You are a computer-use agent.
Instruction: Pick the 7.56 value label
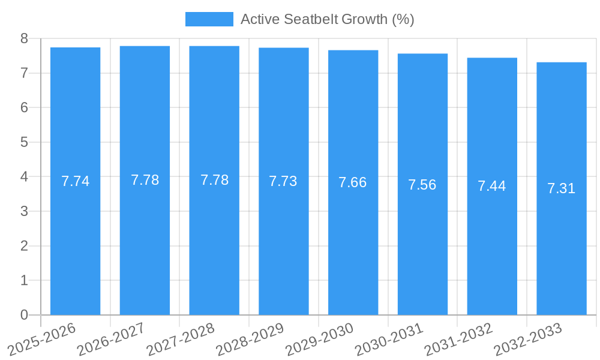pyautogui.click(x=422, y=185)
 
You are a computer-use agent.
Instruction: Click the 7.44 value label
pyautogui.click(x=492, y=186)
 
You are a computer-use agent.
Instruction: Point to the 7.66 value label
pyautogui.click(x=353, y=182)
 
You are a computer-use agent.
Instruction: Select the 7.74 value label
pyautogui.click(x=75, y=181)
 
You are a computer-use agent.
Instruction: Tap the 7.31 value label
pyautogui.click(x=562, y=188)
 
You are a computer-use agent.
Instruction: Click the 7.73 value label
pyautogui.click(x=283, y=181)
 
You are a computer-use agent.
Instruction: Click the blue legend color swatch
pyautogui.click(x=209, y=19)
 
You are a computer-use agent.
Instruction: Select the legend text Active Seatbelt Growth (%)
pyautogui.click(x=327, y=19)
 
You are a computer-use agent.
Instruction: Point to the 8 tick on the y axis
pyautogui.click(x=24, y=38)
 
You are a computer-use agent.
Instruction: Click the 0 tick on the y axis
pyautogui.click(x=24, y=315)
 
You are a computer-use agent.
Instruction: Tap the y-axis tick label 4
pyautogui.click(x=24, y=177)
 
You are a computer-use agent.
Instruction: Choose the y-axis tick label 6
pyautogui.click(x=24, y=108)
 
